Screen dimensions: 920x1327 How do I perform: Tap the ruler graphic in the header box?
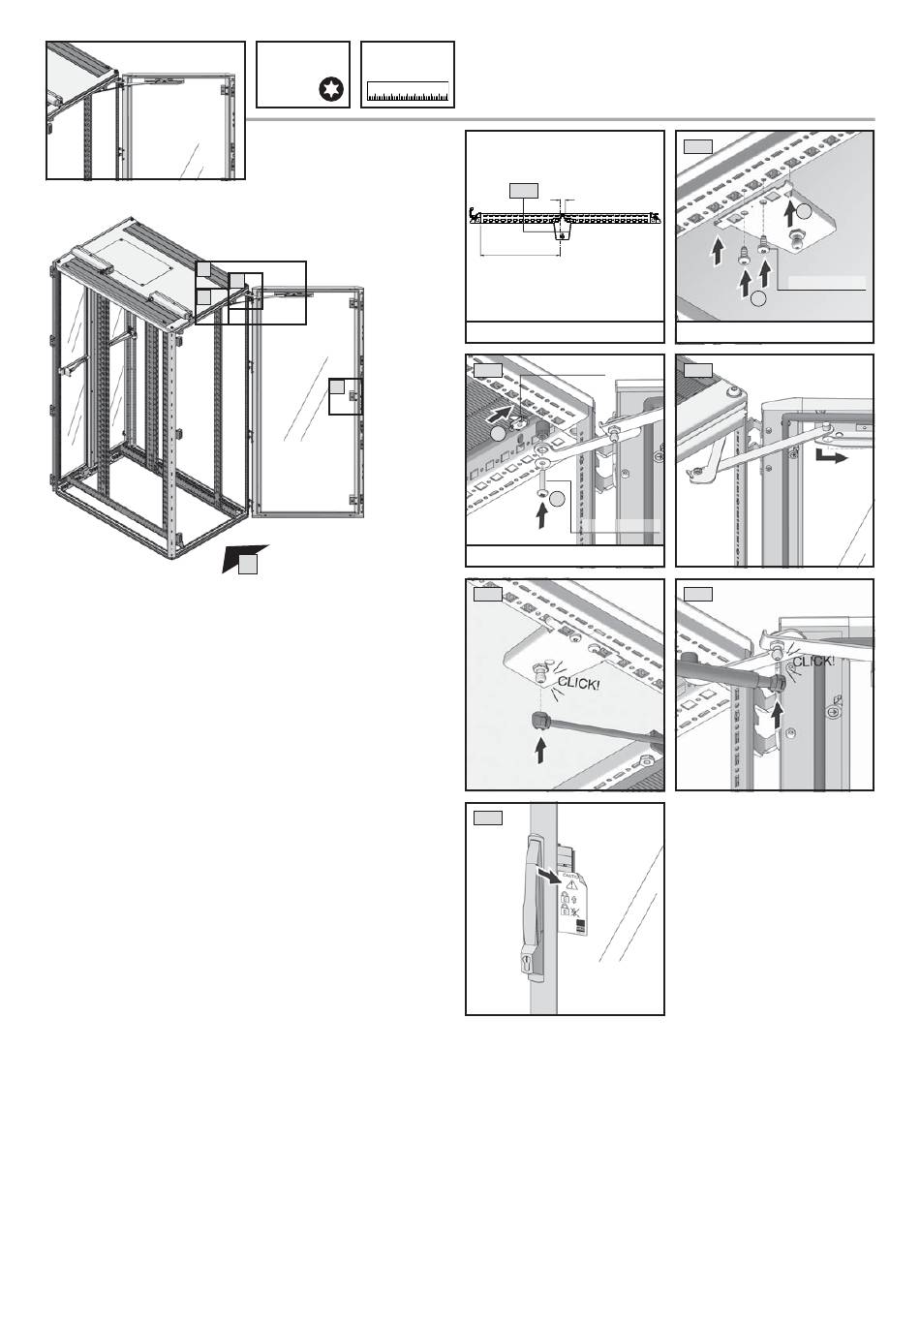point(408,93)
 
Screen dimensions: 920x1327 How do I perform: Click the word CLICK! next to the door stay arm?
point(813,663)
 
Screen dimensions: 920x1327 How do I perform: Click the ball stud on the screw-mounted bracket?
point(801,235)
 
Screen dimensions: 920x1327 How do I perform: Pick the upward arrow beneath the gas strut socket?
point(540,750)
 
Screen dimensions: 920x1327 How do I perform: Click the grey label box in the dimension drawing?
point(523,189)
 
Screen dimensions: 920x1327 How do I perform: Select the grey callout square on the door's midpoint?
point(337,387)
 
